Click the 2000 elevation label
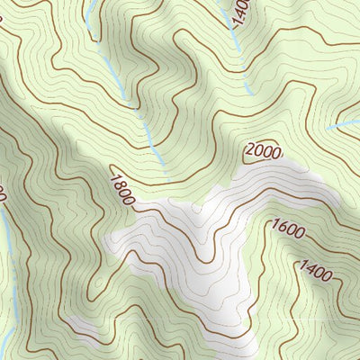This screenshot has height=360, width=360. pos(263,152)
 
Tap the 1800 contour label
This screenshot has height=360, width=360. pos(121,191)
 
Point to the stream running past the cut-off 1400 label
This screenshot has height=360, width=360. pos(236,36)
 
